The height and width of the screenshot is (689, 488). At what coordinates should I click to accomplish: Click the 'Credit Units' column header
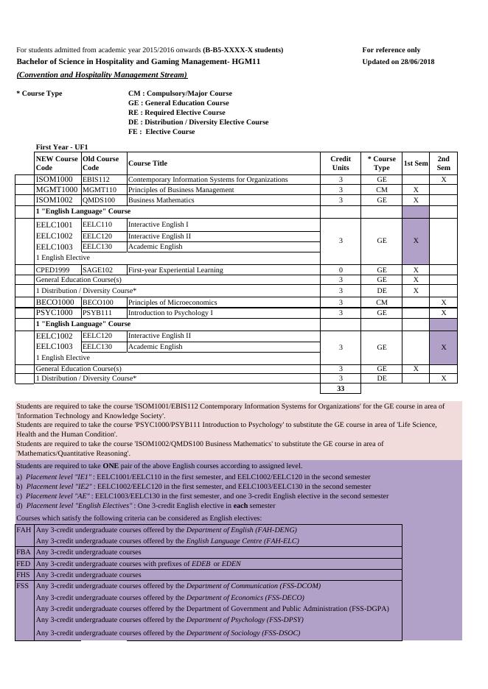(341, 163)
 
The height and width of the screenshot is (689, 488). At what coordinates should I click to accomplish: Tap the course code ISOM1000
(55, 180)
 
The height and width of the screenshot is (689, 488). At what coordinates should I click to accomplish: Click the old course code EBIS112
(96, 180)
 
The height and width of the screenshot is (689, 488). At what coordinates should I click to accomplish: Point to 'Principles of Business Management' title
(181, 190)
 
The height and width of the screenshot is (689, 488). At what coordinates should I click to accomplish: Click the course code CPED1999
(55, 270)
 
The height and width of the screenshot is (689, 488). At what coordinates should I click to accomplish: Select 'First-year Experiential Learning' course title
(175, 270)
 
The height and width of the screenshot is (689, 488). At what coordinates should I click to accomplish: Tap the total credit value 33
(341, 389)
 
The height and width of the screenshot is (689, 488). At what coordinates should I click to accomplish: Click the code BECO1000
(55, 303)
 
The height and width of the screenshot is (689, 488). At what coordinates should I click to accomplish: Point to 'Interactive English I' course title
(158, 224)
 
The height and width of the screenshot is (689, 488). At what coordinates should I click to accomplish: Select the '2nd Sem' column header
(443, 163)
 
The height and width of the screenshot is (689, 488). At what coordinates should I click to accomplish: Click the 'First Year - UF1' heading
(62, 147)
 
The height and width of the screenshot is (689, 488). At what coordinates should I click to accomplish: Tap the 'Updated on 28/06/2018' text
(398, 62)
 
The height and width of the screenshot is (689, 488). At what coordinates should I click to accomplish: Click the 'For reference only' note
(391, 50)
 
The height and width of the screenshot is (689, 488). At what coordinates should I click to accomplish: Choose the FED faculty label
(24, 564)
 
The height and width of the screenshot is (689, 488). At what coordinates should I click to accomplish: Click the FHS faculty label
(24, 575)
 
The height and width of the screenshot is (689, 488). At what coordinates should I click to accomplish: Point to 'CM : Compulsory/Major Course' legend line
(180, 93)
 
